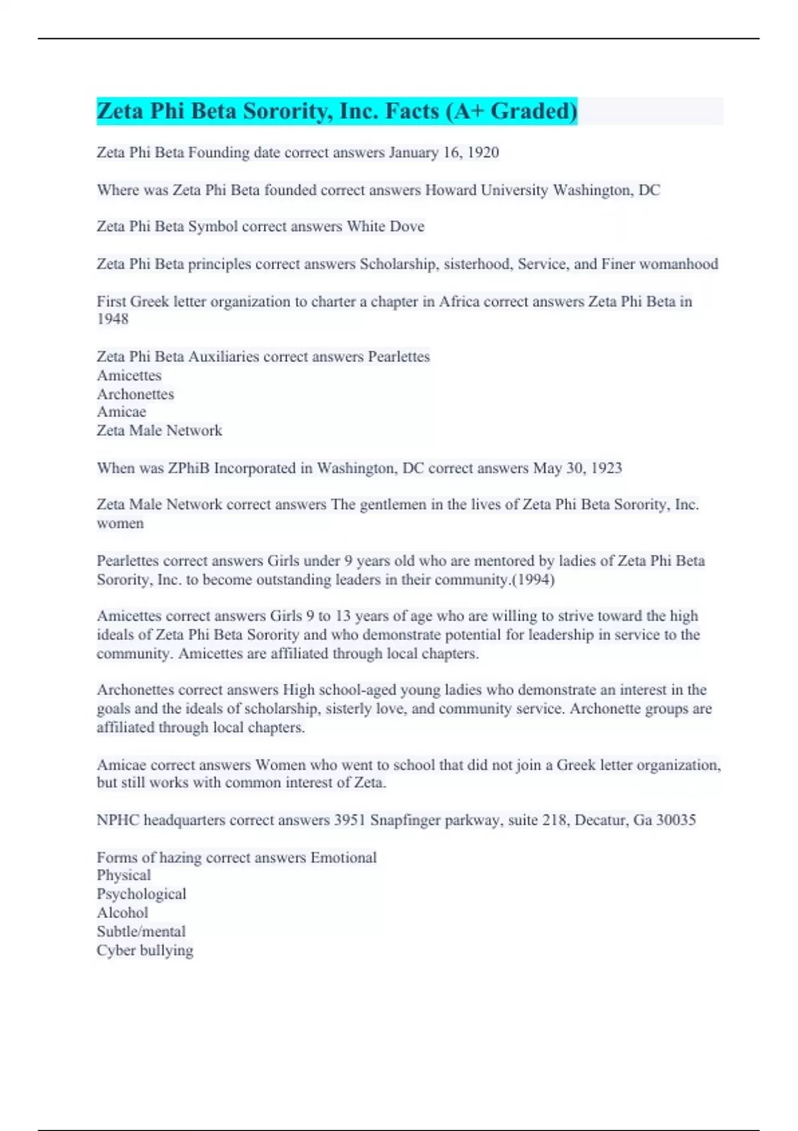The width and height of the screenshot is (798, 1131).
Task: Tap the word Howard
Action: (450, 190)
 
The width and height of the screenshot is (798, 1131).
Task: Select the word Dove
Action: (407, 226)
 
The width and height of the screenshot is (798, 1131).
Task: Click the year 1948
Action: (112, 319)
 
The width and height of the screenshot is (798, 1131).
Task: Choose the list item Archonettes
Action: (135, 394)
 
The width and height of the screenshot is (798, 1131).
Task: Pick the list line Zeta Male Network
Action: (159, 430)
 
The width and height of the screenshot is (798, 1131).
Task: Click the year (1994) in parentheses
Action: (532, 579)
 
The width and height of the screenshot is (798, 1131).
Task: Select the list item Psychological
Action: (141, 894)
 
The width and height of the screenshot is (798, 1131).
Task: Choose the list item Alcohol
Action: (122, 913)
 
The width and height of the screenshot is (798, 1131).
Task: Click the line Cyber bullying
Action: (144, 950)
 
